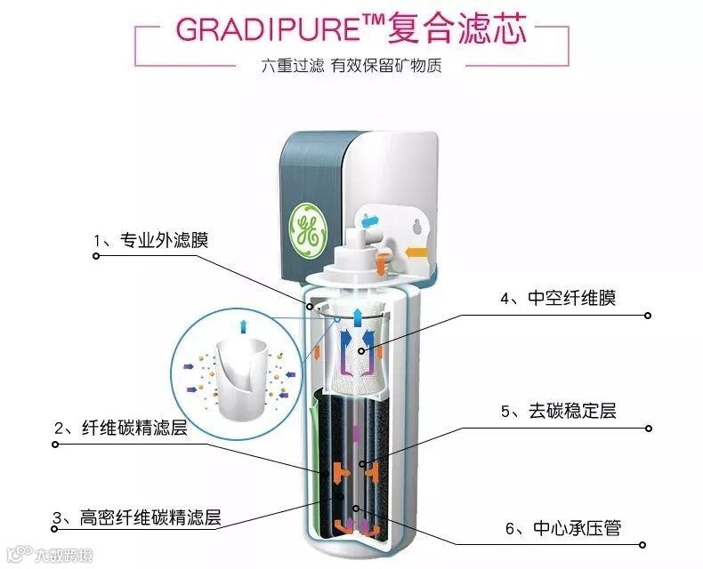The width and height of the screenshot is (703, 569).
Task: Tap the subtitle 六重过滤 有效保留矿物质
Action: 351,66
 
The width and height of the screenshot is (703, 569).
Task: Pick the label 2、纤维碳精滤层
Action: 121,428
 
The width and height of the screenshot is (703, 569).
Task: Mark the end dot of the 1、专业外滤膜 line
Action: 96,256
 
